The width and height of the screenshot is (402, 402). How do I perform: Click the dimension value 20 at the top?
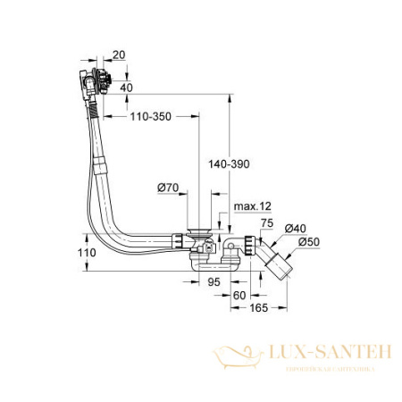pyautogui.click(x=120, y=55)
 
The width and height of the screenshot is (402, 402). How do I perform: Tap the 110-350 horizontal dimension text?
pyautogui.click(x=148, y=117)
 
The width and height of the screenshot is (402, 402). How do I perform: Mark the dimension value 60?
pyautogui.click(x=239, y=294)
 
